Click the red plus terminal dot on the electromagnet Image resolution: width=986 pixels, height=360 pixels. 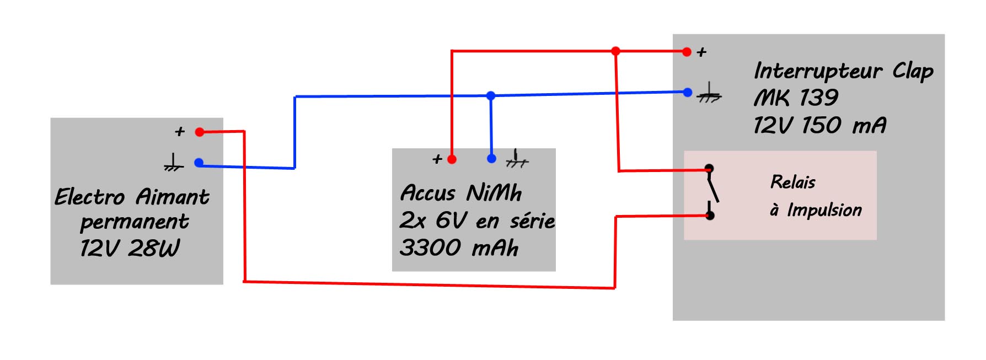pos(200,132)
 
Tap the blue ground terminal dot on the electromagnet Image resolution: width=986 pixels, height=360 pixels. pos(199,163)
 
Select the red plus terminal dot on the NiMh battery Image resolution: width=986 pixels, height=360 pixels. pos(452,160)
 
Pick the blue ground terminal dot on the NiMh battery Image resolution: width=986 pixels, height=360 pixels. pos(491,159)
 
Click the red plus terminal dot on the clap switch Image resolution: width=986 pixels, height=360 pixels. pos(687,52)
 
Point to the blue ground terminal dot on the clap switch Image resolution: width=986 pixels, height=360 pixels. pos(687,93)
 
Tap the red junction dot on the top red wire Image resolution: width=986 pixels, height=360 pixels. pos(615,51)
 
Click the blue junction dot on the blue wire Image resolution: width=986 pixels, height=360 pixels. pos(491,96)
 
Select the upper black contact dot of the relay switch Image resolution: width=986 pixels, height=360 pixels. pos(709,168)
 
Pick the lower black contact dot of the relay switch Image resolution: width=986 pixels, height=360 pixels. pos(710,216)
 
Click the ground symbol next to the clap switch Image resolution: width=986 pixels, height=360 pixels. pos(709,94)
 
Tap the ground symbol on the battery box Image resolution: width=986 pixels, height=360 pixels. pos(517,159)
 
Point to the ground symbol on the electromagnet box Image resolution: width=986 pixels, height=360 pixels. pos(173,163)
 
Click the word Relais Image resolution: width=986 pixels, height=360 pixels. pos(792,182)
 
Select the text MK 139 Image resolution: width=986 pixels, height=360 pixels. pos(796,98)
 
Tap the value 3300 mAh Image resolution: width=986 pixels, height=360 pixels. pos(459,248)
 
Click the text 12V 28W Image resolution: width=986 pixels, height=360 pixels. pos(130,249)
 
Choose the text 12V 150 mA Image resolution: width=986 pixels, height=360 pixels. pos(820,126)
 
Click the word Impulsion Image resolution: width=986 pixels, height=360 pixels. pos(824,211)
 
